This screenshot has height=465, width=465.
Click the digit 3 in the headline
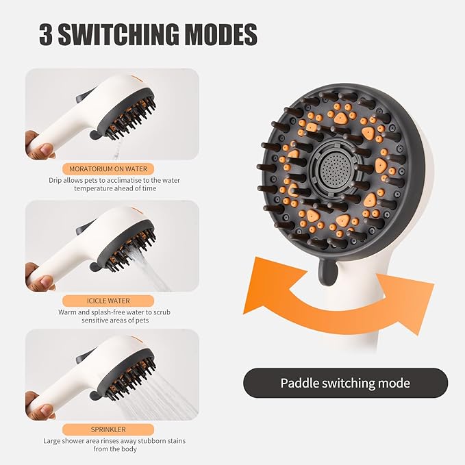tap(46, 34)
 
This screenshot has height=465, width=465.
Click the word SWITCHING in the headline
tap(118, 34)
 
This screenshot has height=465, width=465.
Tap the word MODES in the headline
tap(221, 34)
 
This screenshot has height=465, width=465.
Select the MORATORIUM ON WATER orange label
tap(108, 168)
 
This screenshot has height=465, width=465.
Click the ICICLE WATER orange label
tap(108, 301)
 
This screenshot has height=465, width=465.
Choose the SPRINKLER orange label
tap(108, 429)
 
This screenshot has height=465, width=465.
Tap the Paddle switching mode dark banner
tap(345, 383)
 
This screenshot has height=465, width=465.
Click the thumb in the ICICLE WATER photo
tap(45, 281)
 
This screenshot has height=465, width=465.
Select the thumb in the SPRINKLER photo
tap(45, 410)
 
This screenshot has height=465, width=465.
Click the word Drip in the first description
tap(55, 180)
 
